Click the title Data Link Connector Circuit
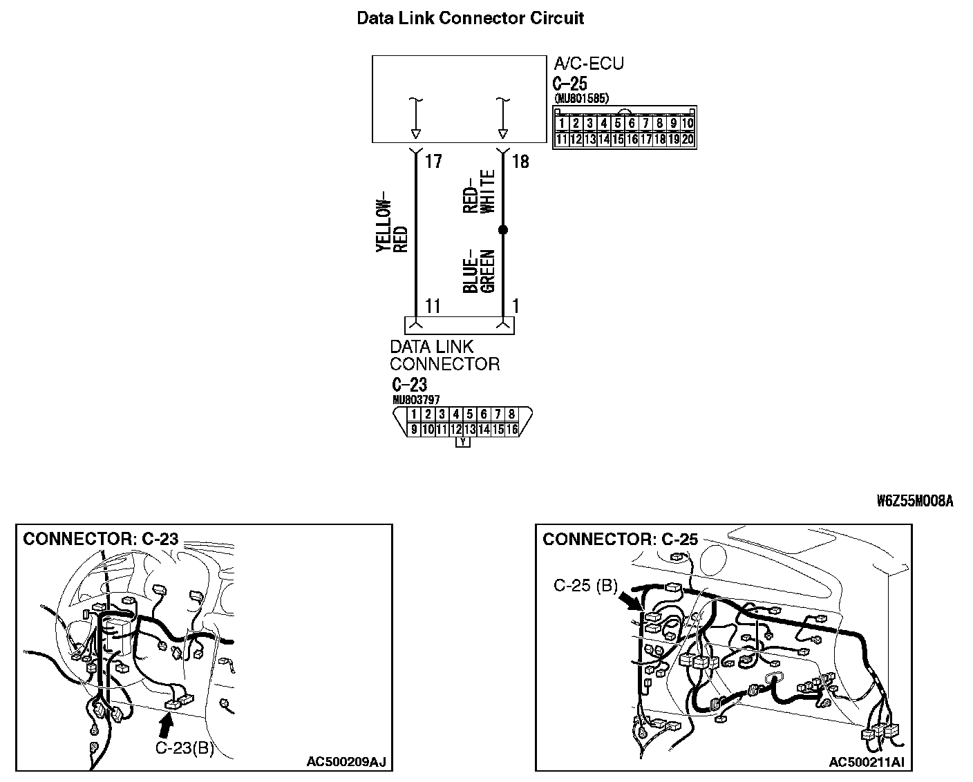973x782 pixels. tap(470, 18)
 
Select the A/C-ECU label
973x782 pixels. tap(589, 64)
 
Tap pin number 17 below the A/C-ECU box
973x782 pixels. tap(433, 162)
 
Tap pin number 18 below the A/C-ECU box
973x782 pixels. tap(520, 162)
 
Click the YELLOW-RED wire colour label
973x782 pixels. tap(392, 226)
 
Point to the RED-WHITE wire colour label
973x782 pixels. tap(480, 191)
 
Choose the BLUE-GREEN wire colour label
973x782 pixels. tap(480, 271)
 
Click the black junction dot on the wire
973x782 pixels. tap(503, 229)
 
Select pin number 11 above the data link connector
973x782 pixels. tap(433, 306)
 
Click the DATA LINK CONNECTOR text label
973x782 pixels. tap(444, 355)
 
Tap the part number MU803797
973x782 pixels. tap(416, 400)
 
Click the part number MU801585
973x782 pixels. tap(581, 99)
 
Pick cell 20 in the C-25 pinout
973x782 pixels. tap(688, 139)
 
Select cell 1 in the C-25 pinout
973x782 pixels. tap(562, 124)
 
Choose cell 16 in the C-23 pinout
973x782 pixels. tap(511, 430)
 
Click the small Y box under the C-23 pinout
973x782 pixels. tap(463, 443)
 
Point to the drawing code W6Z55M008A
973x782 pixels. tap(915, 502)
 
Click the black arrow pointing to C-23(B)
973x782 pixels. tap(165, 726)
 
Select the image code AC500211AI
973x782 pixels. tap(867, 762)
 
